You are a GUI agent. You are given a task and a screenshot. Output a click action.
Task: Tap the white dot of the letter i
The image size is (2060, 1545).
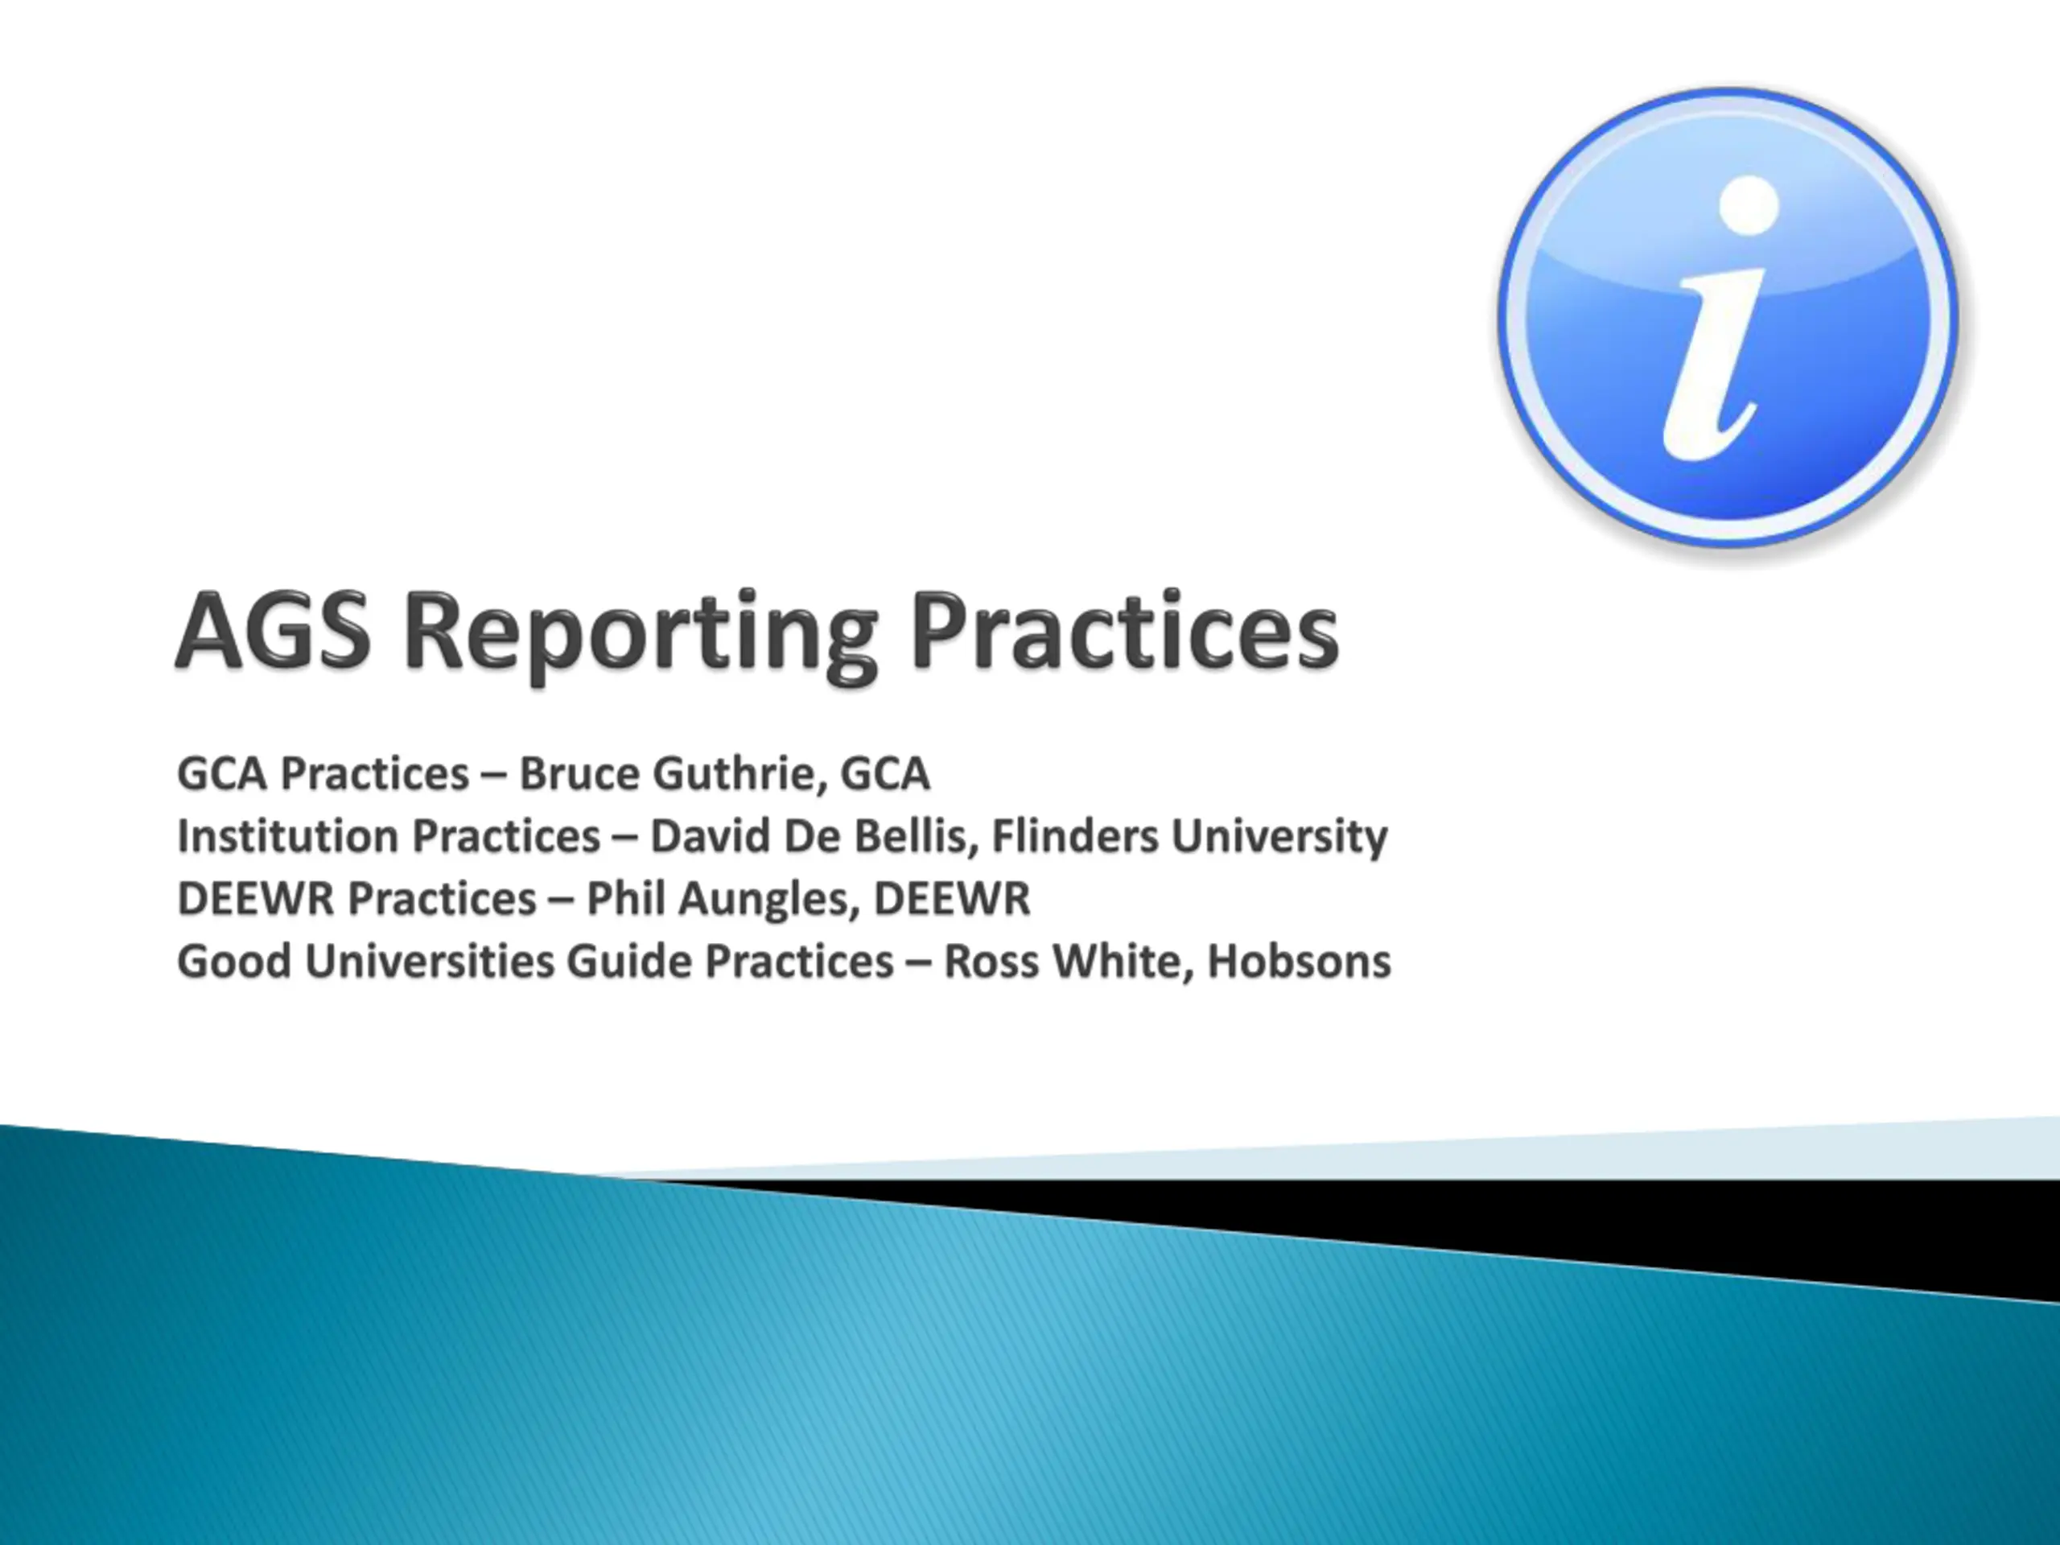pyautogui.click(x=1749, y=205)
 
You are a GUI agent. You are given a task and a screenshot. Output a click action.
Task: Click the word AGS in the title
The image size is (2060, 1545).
pyautogui.click(x=274, y=632)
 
